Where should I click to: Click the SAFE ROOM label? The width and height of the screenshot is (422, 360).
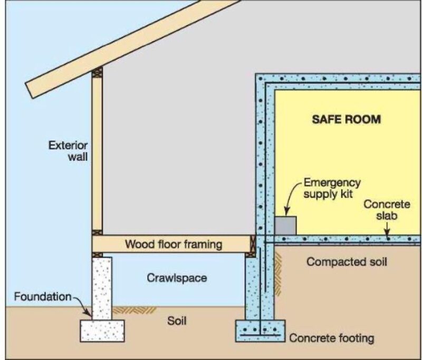pos(347,119)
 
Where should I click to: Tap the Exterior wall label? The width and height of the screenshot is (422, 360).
pos(68,151)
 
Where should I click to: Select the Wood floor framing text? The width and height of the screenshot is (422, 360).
pos(174,245)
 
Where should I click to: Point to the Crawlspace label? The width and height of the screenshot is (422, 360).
pos(177,278)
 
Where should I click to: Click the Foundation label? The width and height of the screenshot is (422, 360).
pos(43,297)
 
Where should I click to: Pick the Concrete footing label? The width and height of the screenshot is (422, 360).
pos(332,338)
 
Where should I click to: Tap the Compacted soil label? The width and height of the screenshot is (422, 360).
pos(347,261)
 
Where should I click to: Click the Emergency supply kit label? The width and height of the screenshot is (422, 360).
pos(332,188)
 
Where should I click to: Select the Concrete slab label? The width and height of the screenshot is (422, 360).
pos(387,210)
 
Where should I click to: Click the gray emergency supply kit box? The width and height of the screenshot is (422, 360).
pos(285,226)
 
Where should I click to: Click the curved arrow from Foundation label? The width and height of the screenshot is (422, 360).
pos(82,306)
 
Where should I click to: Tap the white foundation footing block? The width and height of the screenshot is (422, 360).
pos(102,330)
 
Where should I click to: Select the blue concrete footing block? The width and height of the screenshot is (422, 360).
pos(260,331)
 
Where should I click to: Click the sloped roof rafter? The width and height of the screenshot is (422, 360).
pos(132,48)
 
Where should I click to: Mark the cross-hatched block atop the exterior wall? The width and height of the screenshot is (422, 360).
pos(97,72)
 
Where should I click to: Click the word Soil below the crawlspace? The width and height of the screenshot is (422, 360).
pos(177,321)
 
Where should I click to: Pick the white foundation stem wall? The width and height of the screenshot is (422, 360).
pos(102,288)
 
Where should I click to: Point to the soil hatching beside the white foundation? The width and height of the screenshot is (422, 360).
pos(134,310)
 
